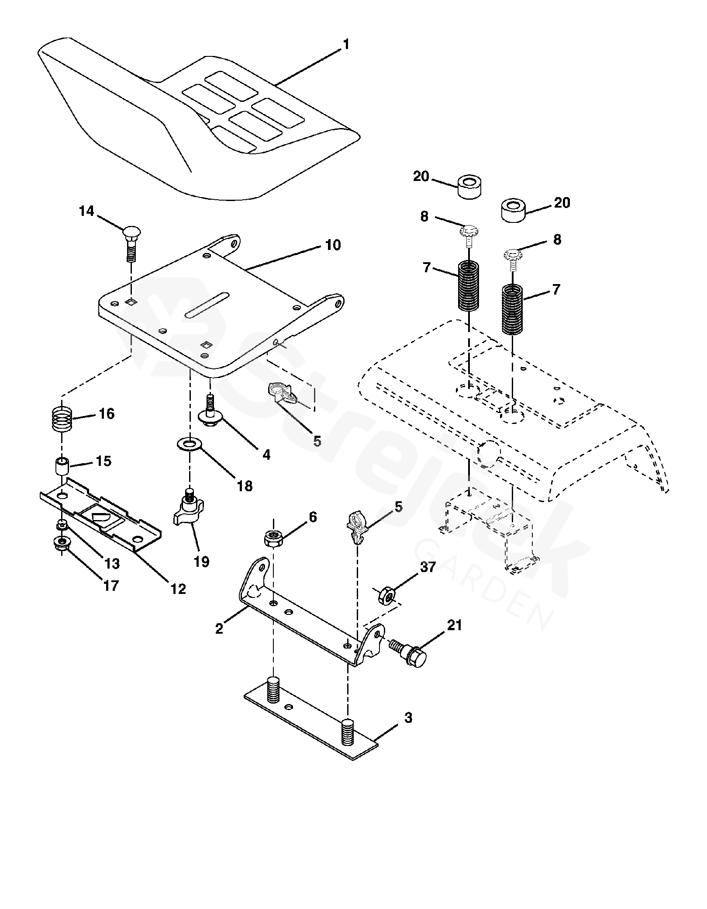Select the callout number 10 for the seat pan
coord(333,245)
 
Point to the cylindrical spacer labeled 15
coord(62,466)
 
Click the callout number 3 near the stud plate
coord(408,718)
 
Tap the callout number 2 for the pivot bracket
coord(219,629)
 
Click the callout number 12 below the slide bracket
coord(179,589)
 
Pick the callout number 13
coord(112,564)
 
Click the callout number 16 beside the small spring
coord(107,413)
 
